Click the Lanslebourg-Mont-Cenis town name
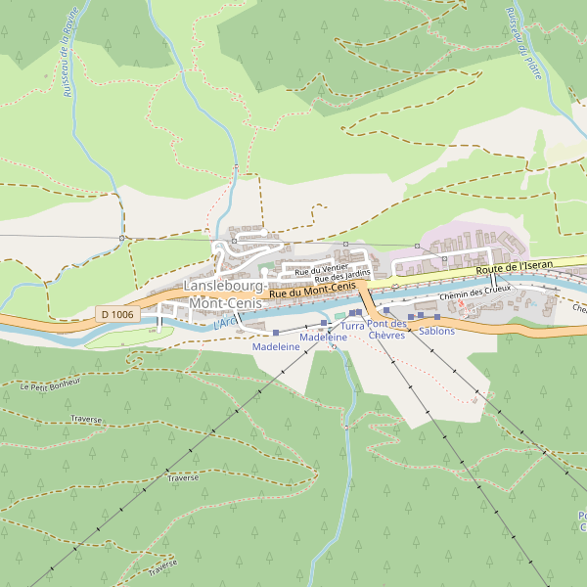click(223, 294)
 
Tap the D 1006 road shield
click(116, 314)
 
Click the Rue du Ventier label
click(322, 269)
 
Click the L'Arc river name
click(225, 322)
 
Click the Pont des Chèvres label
click(386, 330)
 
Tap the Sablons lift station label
click(436, 331)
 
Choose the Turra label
click(352, 324)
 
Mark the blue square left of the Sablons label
click(411, 317)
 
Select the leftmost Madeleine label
click(276, 347)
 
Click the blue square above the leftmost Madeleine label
click(276, 334)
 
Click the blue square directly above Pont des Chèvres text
click(386, 310)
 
